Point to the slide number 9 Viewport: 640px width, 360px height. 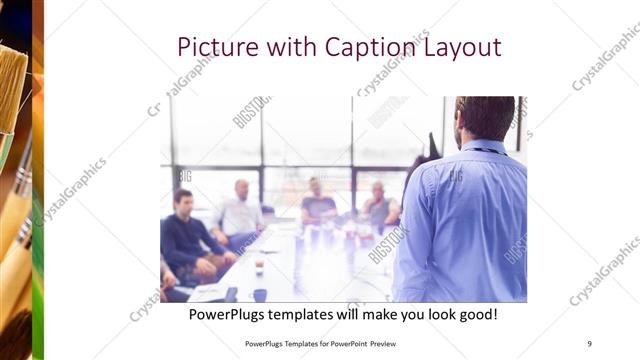point(589,344)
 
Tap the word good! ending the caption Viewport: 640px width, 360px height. point(475,315)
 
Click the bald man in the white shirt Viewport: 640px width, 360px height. point(240,212)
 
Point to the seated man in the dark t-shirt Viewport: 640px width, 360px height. point(318,204)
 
